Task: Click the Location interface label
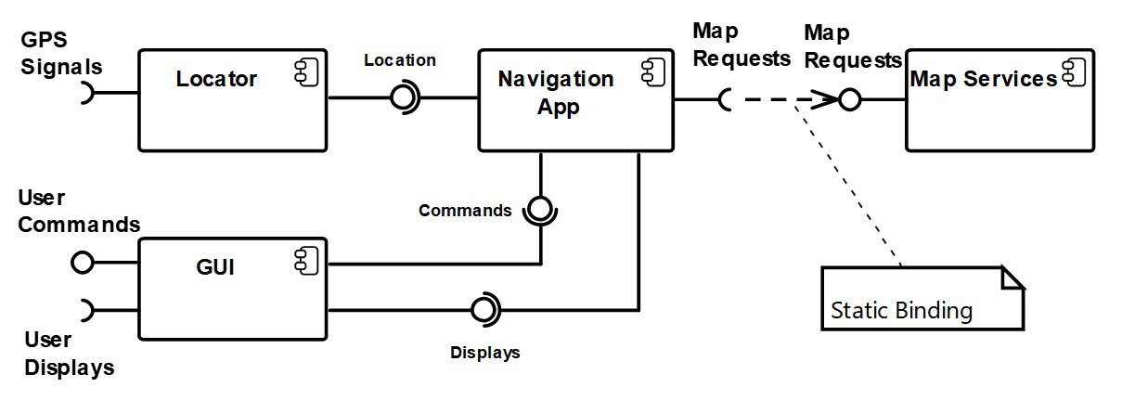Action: [399, 60]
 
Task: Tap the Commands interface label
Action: [465, 211]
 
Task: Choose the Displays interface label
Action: [484, 353]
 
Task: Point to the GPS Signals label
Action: [61, 54]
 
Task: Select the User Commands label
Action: [79, 212]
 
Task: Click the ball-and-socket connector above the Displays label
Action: [484, 310]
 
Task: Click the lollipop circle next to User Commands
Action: [83, 264]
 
